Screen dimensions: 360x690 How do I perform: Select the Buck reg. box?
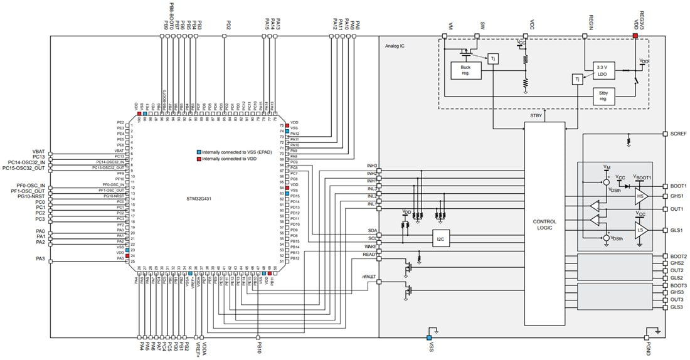tap(465, 70)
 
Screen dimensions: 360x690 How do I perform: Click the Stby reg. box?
tap(603, 95)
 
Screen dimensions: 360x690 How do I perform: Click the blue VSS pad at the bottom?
tap(430, 329)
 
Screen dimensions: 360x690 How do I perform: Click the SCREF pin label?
tap(678, 134)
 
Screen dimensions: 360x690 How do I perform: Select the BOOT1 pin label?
tap(678, 186)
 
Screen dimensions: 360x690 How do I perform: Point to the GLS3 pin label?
tap(676, 307)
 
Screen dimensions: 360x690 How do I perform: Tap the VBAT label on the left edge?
tap(39, 151)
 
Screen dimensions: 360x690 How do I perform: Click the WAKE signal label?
tap(370, 246)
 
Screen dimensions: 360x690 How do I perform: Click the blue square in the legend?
tap(199, 152)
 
